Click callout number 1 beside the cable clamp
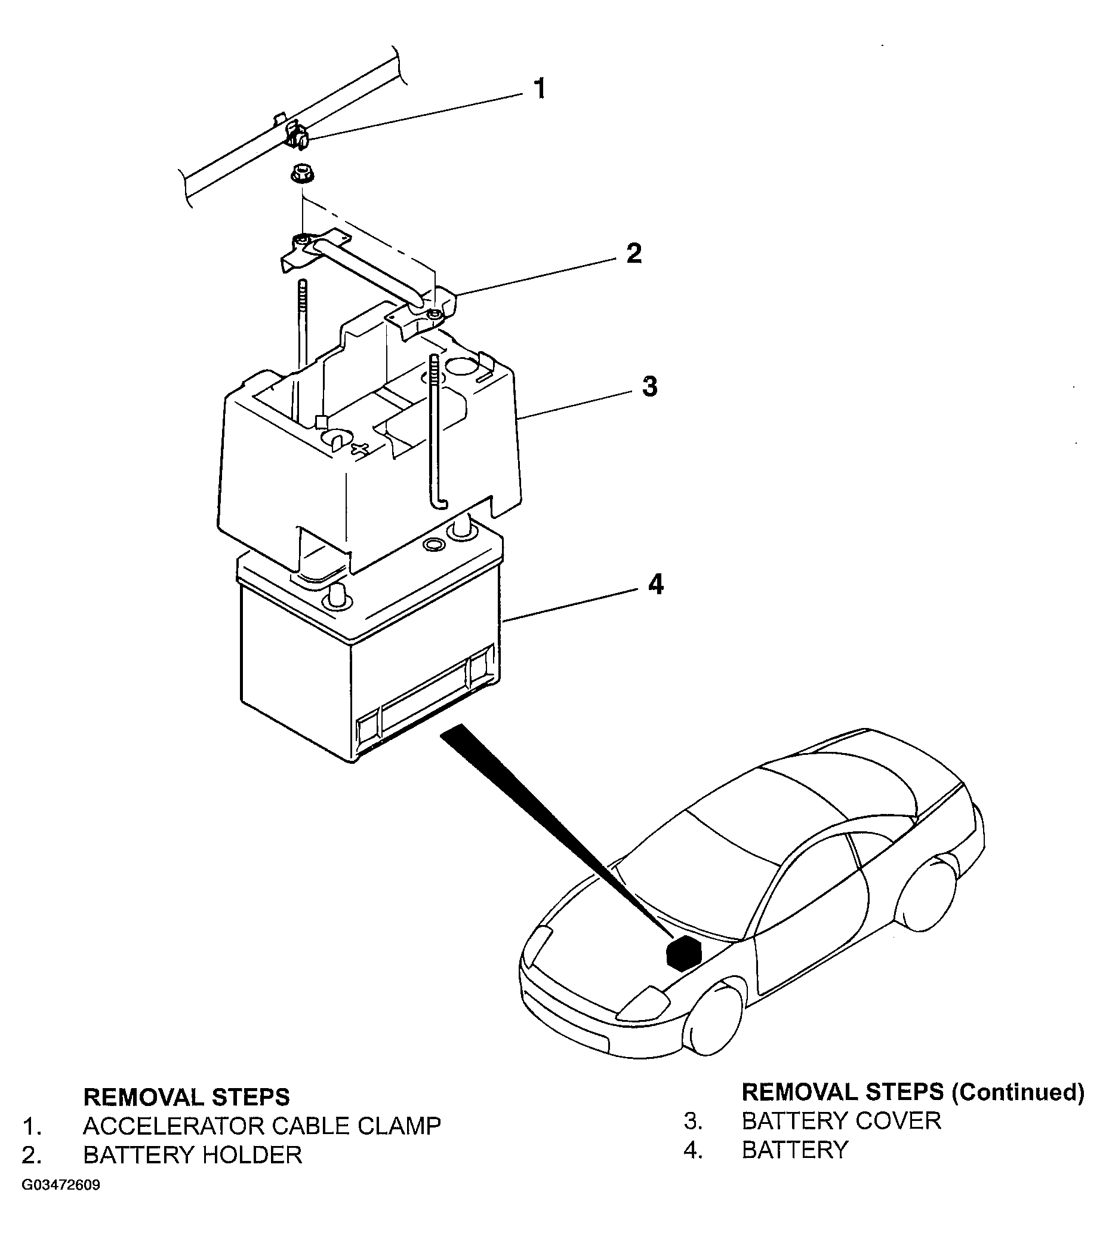point(539,89)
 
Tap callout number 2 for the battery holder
point(633,254)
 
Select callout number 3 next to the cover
point(649,387)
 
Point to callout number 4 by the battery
point(656,585)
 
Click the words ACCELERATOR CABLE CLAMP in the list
point(262,1126)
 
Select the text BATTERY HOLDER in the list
point(193,1155)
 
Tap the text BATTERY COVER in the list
point(842,1121)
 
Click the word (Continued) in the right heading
point(1018,1093)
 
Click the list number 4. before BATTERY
point(693,1150)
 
